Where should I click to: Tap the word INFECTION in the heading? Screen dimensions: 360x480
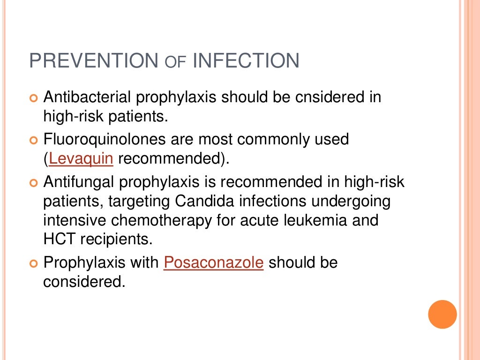tap(246, 61)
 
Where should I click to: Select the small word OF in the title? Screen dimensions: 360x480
tap(176, 62)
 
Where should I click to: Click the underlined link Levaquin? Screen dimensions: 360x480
tap(81, 158)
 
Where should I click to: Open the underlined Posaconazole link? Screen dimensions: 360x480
tap(213, 262)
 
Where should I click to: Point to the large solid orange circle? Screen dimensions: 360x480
tap(442, 314)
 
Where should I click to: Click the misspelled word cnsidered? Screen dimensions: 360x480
tap(319, 97)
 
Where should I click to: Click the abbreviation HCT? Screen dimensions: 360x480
tap(60, 239)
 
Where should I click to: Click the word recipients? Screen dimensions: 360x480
tap(116, 239)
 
